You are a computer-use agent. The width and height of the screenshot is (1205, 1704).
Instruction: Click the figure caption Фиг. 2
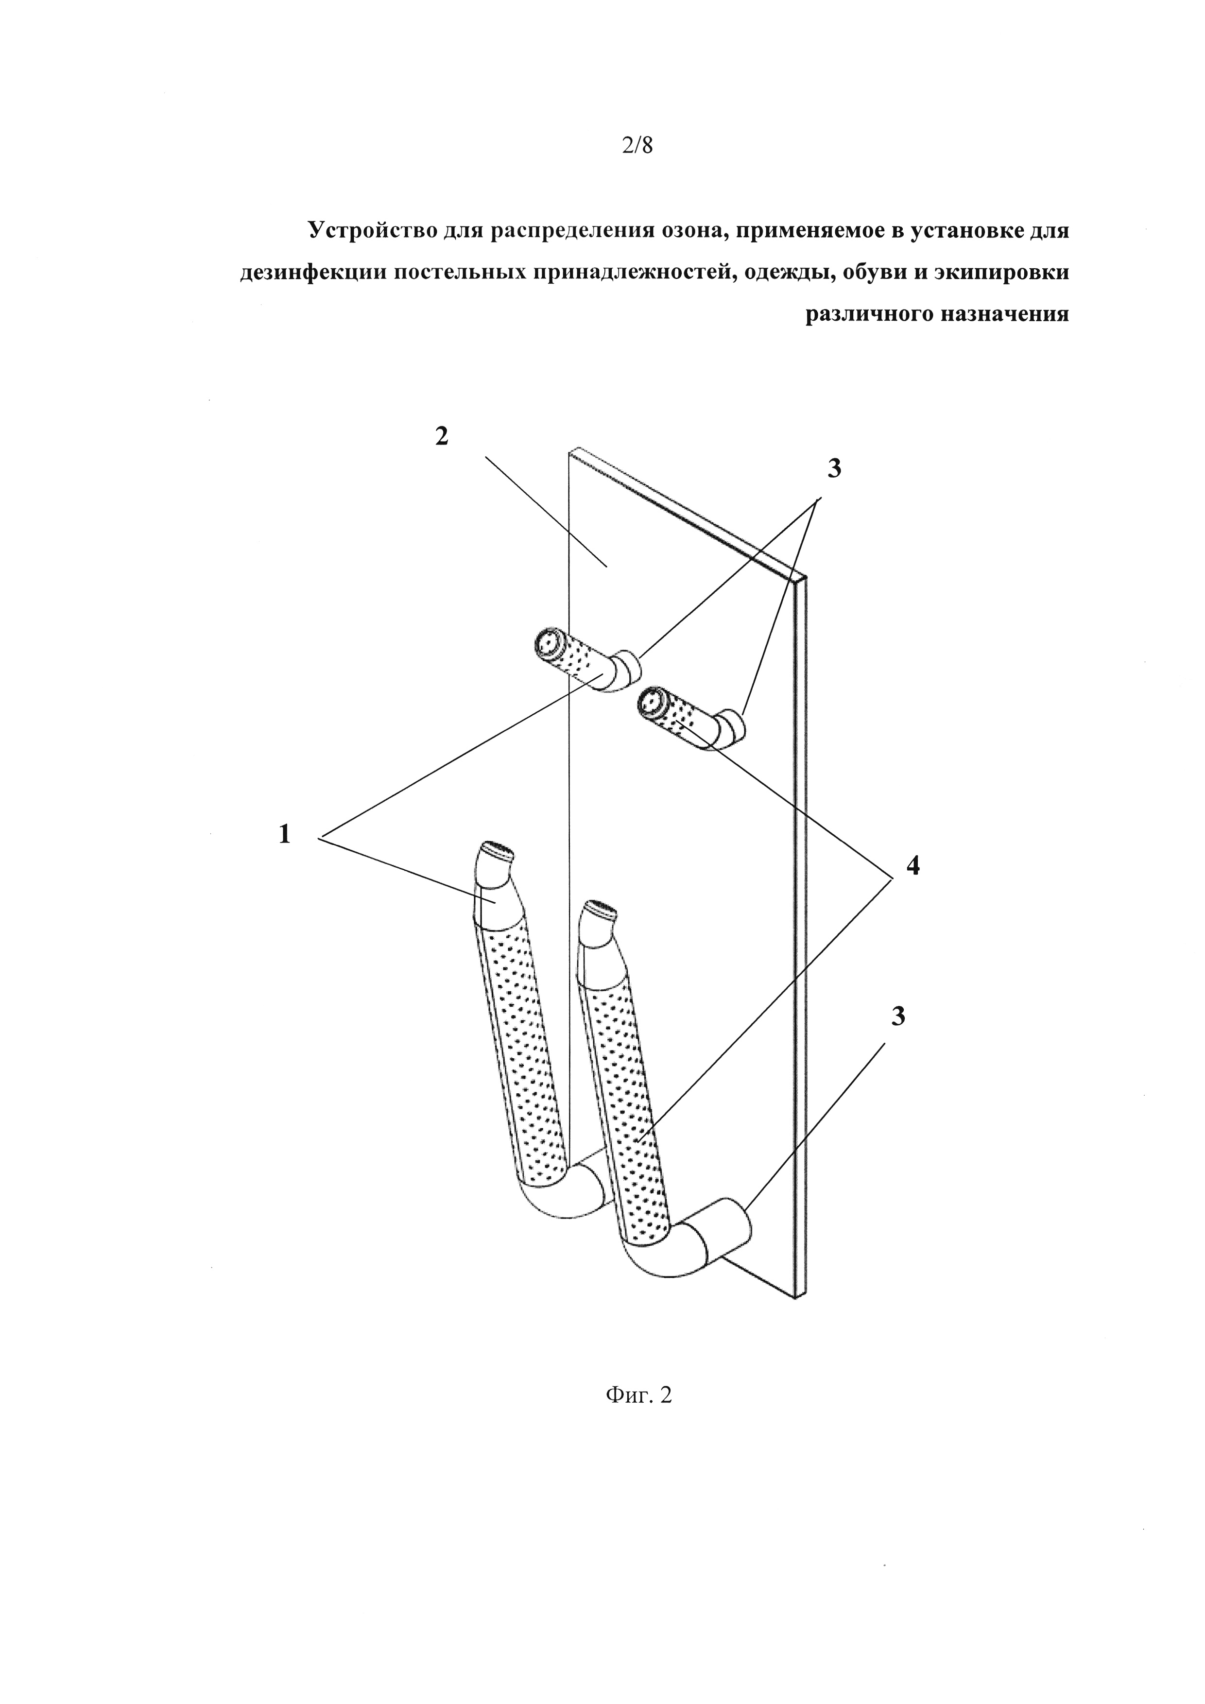[x=638, y=1395]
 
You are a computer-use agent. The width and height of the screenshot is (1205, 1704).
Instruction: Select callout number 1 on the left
[x=284, y=835]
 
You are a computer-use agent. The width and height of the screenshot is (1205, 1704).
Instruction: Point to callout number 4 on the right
[x=912, y=864]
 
